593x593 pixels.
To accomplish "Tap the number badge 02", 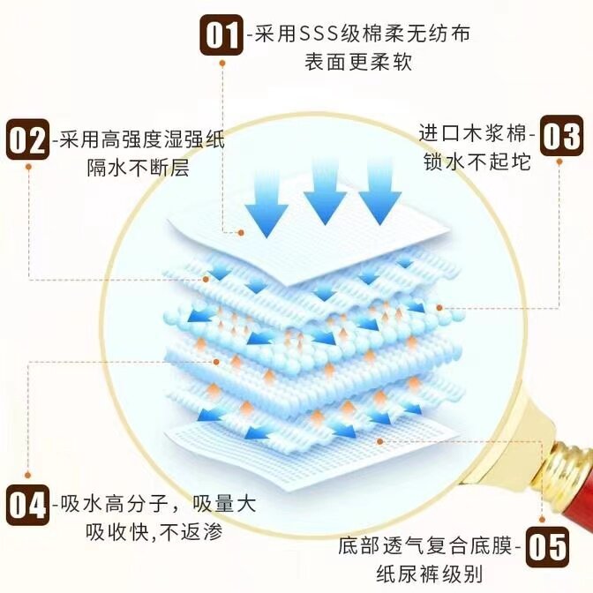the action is [29, 140].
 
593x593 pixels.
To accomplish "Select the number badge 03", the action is [561, 137].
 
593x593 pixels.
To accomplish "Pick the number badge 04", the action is [27, 506].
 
